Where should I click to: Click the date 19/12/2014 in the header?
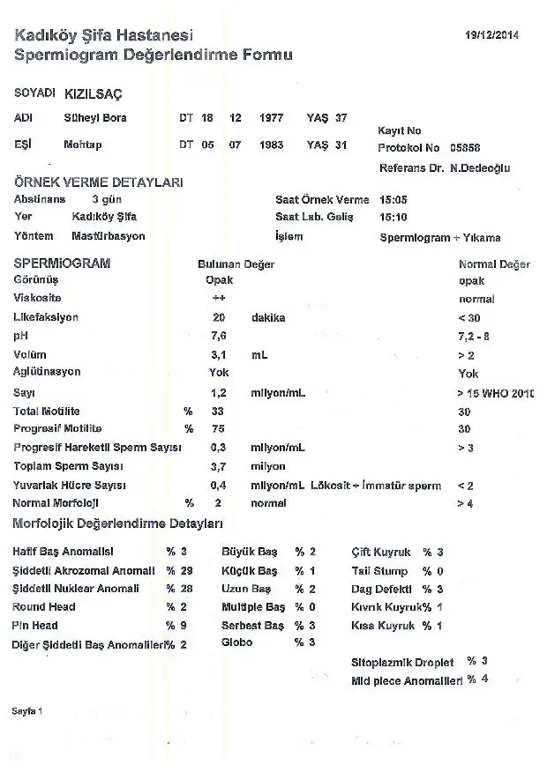(492, 35)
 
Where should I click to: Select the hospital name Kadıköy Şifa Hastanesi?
(103, 35)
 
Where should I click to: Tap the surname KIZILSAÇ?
(94, 93)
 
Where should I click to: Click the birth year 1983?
(271, 145)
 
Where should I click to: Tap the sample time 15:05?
(393, 200)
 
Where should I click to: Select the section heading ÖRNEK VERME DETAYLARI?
(98, 182)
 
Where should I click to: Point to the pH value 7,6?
(219, 336)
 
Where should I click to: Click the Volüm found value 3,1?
(219, 354)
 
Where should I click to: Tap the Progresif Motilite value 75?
(218, 429)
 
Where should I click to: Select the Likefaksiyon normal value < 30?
(468, 317)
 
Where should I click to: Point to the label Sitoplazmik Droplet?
(401, 661)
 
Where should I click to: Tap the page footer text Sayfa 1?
(27, 709)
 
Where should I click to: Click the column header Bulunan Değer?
(236, 264)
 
